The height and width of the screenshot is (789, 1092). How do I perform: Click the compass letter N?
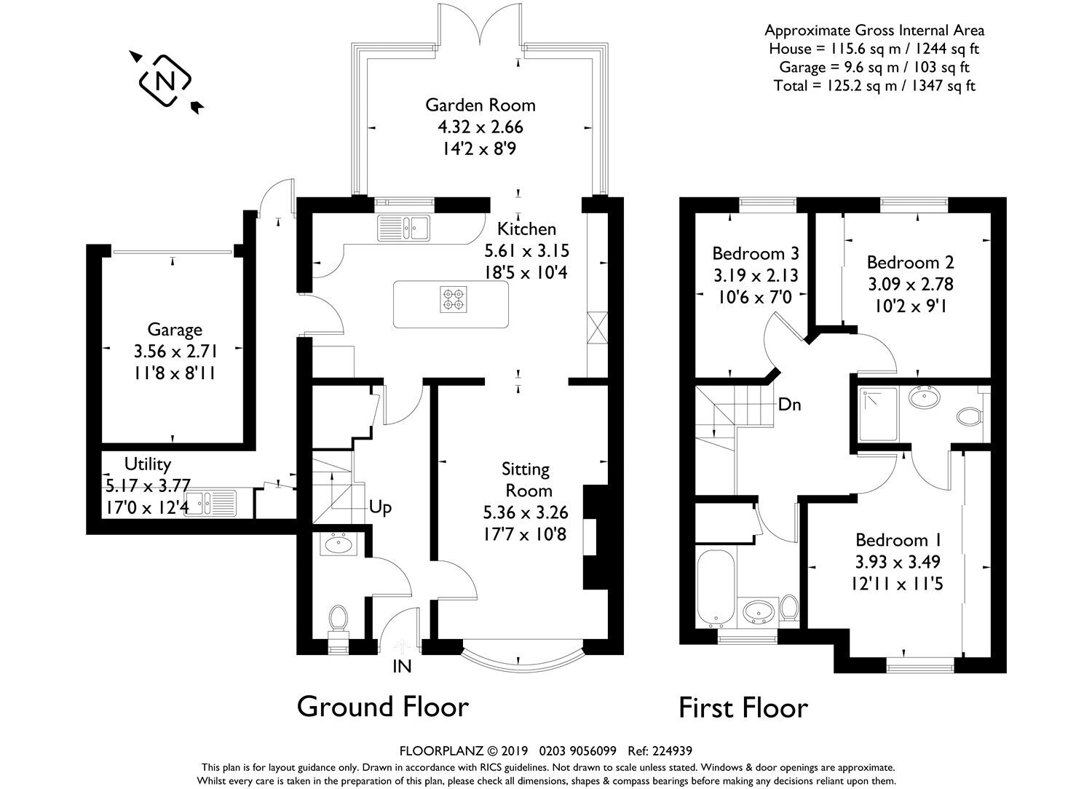coord(165,80)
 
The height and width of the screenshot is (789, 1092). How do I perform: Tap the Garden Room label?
coord(480,106)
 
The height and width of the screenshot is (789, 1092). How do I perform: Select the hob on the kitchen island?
coord(454,299)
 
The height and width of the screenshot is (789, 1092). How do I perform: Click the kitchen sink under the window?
coord(403,228)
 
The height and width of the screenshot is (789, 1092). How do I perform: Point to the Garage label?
coord(175,330)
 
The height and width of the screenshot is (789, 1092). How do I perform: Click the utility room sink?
coord(210,504)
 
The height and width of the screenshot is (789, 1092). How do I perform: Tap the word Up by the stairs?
coord(380,508)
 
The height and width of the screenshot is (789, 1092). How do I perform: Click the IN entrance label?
coord(402,666)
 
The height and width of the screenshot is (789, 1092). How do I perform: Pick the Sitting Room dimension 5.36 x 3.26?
coord(526,512)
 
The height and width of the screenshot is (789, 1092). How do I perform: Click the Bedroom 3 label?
coord(756,253)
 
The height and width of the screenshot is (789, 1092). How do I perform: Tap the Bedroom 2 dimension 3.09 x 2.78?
coord(910,284)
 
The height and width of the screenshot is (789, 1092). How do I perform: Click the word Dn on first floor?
coord(790,405)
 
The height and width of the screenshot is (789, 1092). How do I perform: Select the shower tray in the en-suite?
coord(878,414)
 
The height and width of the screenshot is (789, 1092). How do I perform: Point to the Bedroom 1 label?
coord(898,541)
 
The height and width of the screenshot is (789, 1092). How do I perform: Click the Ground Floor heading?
coord(383,707)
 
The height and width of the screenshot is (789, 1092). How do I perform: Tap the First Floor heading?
coord(743,708)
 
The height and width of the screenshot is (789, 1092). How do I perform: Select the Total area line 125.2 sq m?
coord(874,86)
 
